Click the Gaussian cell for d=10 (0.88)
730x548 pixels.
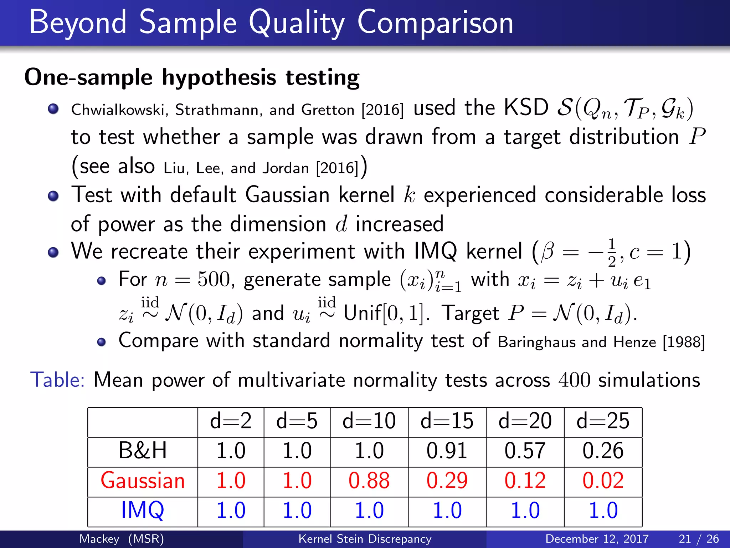tap(369, 481)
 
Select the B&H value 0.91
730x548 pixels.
tap(447, 451)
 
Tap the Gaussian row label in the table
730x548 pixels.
tap(143, 481)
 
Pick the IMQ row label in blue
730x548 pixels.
tap(143, 510)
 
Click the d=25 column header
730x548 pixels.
tap(603, 421)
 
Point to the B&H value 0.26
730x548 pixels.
tap(603, 451)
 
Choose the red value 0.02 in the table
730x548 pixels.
tap(603, 481)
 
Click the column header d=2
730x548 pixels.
tap(231, 421)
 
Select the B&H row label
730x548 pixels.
tap(143, 451)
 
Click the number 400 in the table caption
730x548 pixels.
tap(574, 380)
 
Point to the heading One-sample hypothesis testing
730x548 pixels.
tap(192, 77)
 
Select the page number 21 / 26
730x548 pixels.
tap(699, 539)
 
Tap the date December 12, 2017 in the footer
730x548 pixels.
tap(597, 539)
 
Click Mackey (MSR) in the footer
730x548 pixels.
tap(122, 539)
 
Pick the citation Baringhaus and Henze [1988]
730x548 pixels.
tap(601, 342)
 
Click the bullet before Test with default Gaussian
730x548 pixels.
tap(53, 196)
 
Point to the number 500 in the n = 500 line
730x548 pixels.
tap(214, 279)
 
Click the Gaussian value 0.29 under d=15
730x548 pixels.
tap(447, 481)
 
